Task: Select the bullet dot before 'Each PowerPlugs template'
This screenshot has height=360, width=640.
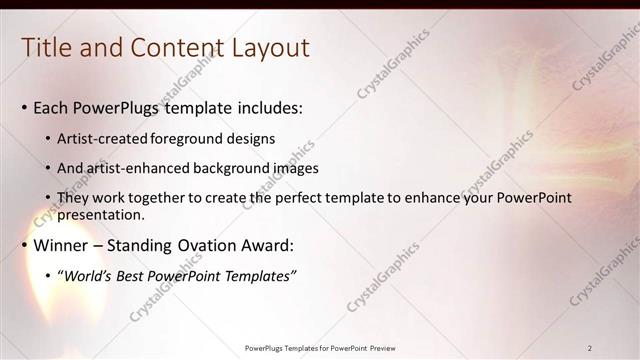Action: click(x=24, y=108)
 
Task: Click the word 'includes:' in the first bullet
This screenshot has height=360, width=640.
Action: click(x=267, y=108)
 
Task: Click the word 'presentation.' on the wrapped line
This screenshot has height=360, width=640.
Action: click(x=102, y=214)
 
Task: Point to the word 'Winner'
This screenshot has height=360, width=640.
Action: click(x=62, y=245)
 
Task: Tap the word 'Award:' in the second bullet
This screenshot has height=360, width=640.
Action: click(x=268, y=245)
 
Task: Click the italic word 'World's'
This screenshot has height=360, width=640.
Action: click(x=89, y=276)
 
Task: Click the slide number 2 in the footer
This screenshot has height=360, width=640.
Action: click(x=590, y=348)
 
